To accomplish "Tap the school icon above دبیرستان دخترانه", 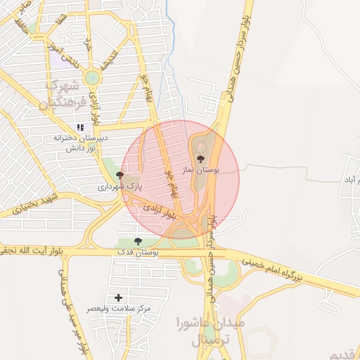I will pos(79,127).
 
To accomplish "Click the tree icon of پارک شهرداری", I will pos(120,174).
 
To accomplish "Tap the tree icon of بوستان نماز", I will pos(201,159).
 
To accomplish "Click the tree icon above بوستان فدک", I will pos(137,241).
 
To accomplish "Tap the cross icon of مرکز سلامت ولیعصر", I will pos(118,298).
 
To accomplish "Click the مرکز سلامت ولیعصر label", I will pos(119,309).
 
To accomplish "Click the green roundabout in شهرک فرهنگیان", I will pos(93,77).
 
